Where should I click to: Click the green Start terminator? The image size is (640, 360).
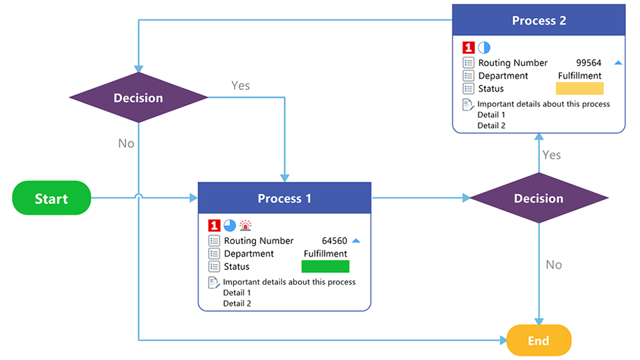[51, 198]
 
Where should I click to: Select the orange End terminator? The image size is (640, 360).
[539, 341]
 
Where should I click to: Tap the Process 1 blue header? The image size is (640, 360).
[285, 198]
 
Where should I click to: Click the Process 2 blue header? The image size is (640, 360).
[539, 21]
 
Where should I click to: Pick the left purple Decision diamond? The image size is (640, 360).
[138, 98]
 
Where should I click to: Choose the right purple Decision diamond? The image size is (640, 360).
[539, 198]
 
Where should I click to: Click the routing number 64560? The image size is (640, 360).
[334, 241]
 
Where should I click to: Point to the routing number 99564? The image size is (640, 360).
[589, 63]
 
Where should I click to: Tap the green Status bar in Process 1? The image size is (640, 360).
[325, 267]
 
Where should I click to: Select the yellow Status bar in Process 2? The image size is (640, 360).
[579, 89]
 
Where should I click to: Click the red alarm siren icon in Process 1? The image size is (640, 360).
[245, 225]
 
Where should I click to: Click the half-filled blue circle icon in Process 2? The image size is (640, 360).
[484, 47]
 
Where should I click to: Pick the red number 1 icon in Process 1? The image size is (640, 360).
[214, 225]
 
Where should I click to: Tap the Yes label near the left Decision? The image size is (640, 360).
[240, 85]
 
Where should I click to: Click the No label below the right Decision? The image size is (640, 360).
[553, 265]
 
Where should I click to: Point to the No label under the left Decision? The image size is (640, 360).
[126, 143]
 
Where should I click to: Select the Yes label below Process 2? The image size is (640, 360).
[551, 155]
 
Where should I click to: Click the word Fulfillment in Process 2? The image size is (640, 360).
[579, 76]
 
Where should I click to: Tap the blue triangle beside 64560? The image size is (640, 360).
[356, 241]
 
